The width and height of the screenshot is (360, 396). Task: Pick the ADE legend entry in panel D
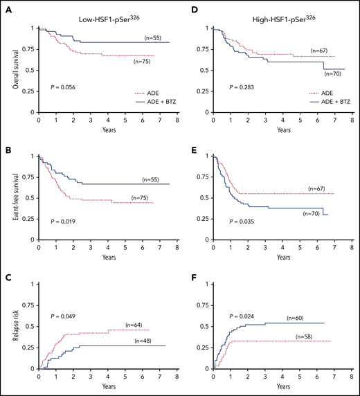click(x=309, y=91)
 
